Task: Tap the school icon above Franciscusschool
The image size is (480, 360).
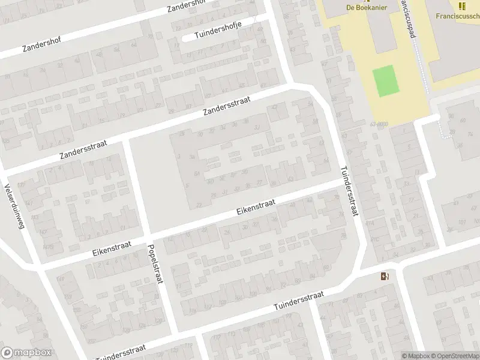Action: click(x=461, y=6)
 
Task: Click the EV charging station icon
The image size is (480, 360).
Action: click(x=385, y=276)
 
